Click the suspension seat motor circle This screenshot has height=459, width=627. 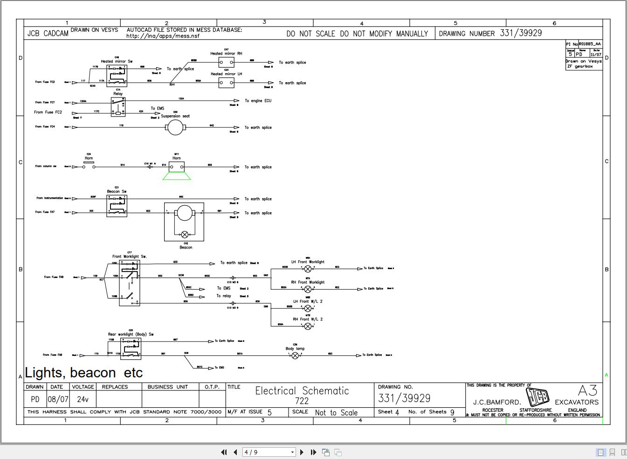point(175,127)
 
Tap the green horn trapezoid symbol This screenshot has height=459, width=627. point(177,176)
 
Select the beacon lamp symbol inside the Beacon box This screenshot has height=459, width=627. point(185,235)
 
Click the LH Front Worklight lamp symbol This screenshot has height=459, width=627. point(308,269)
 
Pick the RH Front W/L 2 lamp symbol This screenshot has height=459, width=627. point(308,326)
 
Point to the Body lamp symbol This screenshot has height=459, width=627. point(295,355)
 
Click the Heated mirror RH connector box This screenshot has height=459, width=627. point(227,62)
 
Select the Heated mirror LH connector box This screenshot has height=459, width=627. point(227,83)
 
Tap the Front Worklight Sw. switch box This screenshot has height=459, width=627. point(130,283)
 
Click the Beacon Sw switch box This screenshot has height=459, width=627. point(117,205)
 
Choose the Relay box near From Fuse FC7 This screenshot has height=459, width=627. point(118,107)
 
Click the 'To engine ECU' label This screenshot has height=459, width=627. point(258,101)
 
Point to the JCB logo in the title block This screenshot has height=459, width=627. point(537,397)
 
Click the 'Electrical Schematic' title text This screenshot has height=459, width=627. point(302,391)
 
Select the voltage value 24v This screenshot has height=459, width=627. point(83,399)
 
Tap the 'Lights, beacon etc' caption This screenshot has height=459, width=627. point(84,373)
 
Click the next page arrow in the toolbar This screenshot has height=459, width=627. point(302,452)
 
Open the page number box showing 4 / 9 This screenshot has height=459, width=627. point(269,452)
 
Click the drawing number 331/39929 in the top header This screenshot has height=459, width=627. point(521,33)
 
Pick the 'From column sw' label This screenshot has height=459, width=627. point(46,166)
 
